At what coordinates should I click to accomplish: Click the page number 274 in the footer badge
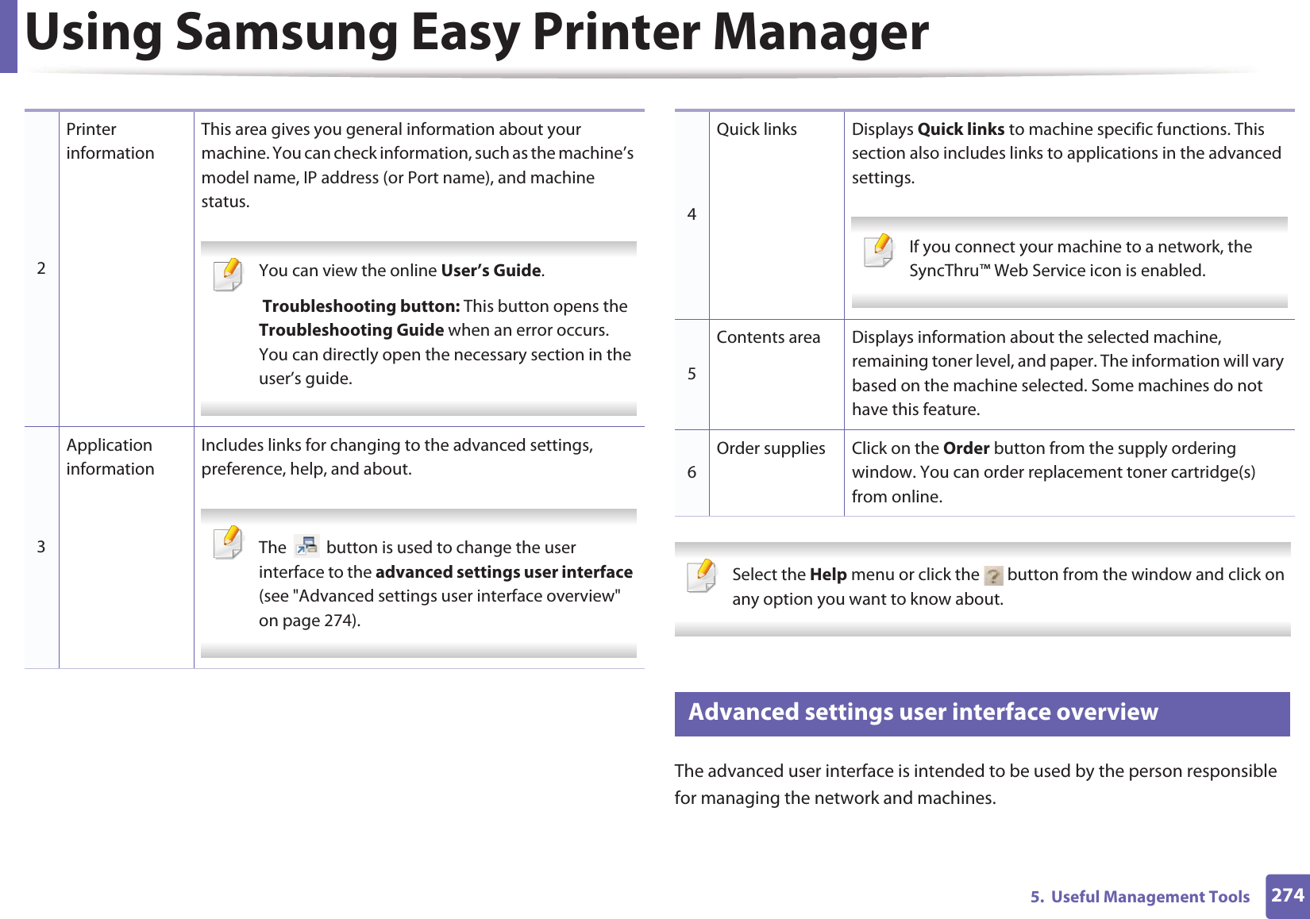(x=1287, y=895)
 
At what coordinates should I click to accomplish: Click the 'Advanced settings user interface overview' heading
(x=923, y=712)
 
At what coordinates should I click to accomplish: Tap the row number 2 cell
(x=41, y=268)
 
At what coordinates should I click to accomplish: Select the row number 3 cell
(x=41, y=547)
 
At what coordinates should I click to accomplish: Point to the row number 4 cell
(x=692, y=214)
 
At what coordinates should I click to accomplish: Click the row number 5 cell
(x=692, y=374)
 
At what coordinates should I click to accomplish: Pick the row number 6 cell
(x=692, y=472)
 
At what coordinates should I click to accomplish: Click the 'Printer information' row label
(x=110, y=141)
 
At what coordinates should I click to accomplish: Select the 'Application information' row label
(x=110, y=457)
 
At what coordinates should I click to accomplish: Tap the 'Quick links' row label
(x=757, y=129)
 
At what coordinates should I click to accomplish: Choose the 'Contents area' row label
(x=768, y=337)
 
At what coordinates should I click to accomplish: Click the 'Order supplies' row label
(x=770, y=448)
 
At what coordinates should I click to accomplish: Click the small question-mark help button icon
(x=993, y=575)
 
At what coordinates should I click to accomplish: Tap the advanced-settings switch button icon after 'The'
(x=306, y=546)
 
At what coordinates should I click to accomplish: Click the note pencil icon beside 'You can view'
(x=228, y=275)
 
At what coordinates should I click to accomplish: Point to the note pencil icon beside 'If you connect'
(x=879, y=251)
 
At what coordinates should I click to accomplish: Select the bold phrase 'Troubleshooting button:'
(x=360, y=306)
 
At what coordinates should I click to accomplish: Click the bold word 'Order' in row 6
(x=966, y=448)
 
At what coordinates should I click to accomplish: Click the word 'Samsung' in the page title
(x=287, y=33)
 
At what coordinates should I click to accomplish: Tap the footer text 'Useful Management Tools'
(x=1150, y=897)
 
